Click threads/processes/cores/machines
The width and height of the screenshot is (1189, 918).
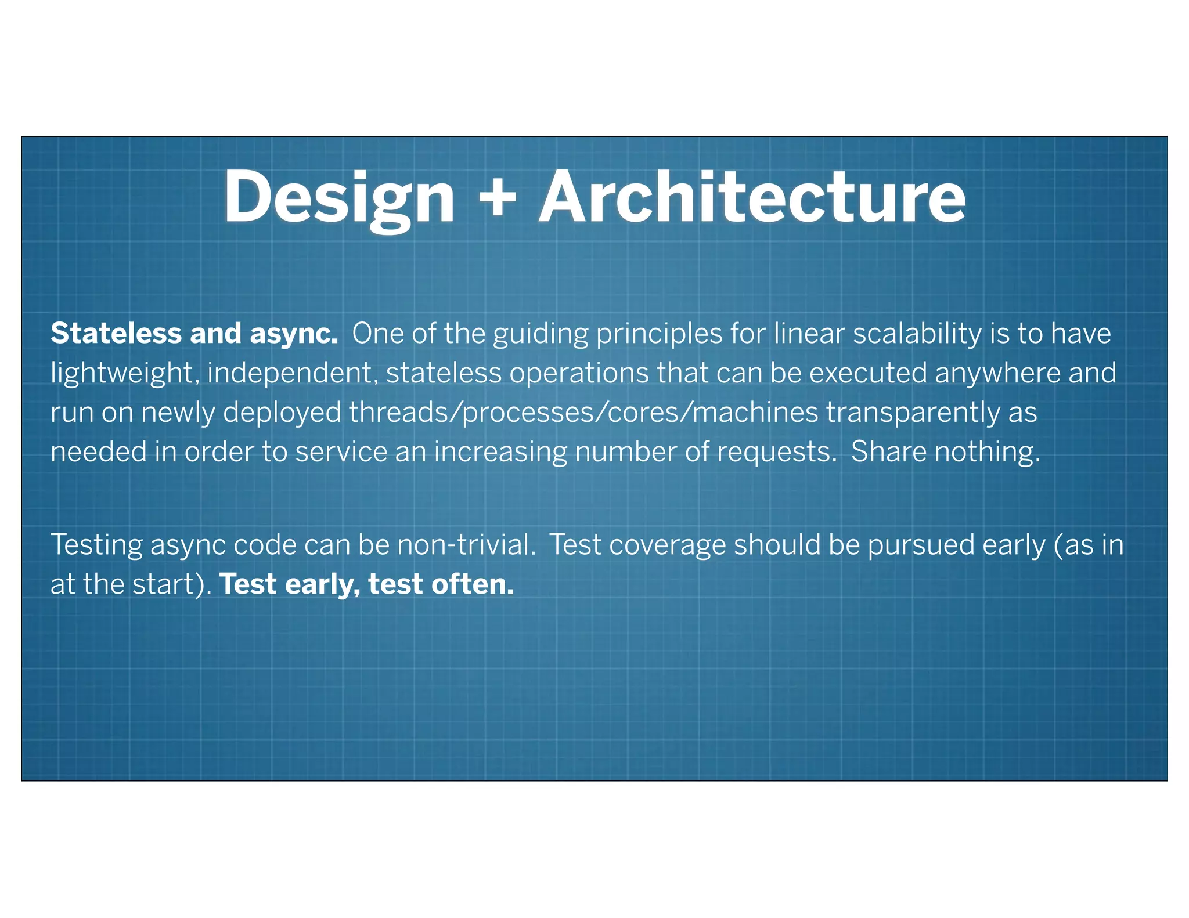point(583,413)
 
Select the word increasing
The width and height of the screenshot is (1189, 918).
point(500,453)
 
